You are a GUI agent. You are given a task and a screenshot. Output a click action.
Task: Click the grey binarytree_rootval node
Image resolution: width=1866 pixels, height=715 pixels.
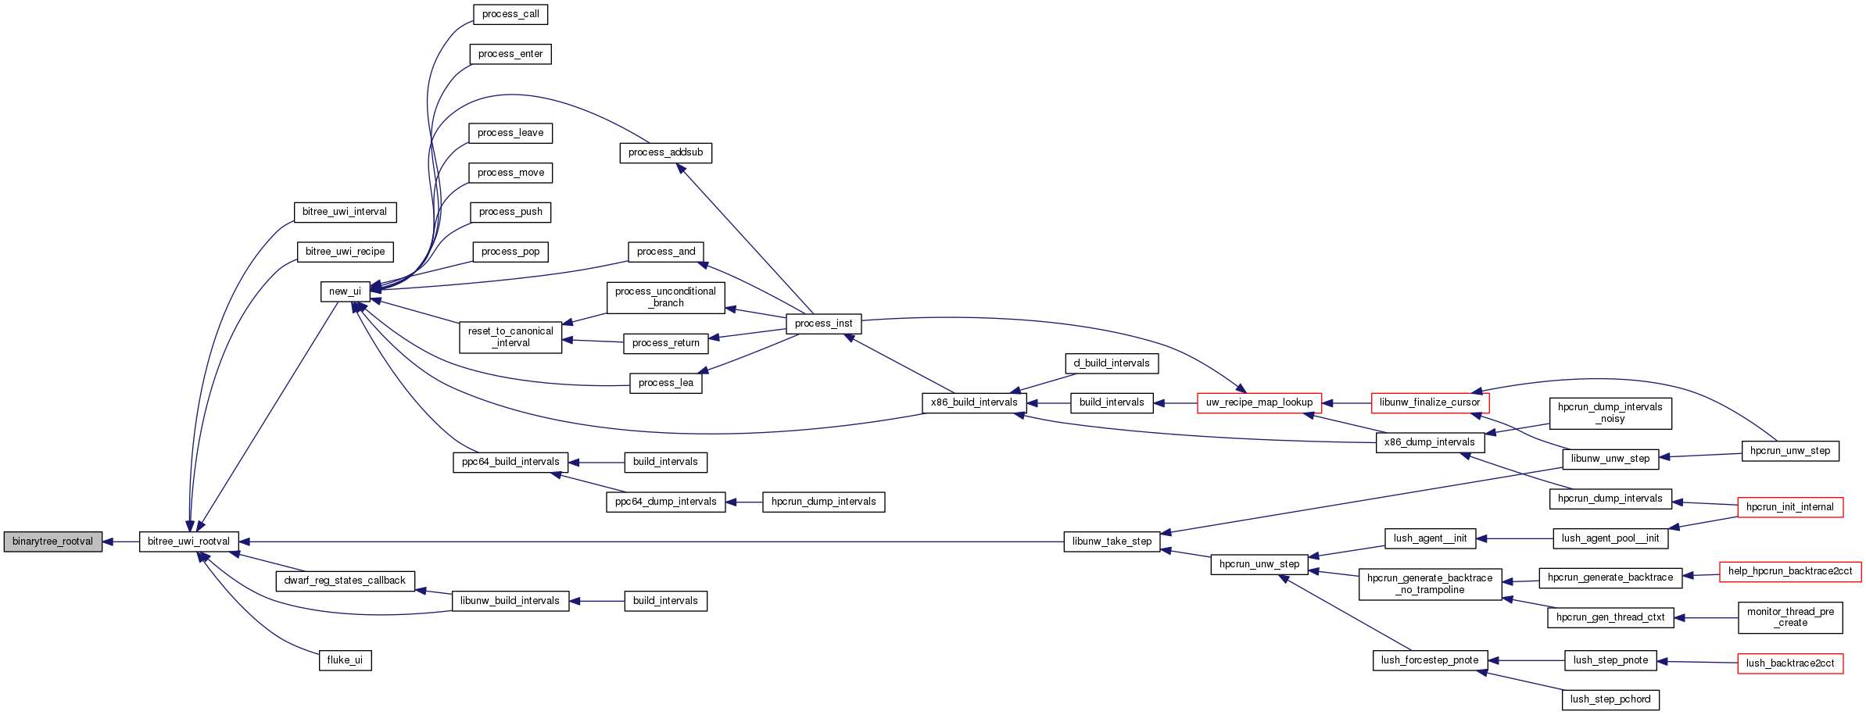53,542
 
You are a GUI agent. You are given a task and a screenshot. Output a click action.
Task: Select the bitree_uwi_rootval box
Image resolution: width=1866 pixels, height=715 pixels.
188,542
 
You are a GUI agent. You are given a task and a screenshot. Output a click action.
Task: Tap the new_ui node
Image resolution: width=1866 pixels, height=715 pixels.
345,291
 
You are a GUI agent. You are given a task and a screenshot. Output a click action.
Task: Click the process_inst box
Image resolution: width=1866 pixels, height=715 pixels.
823,324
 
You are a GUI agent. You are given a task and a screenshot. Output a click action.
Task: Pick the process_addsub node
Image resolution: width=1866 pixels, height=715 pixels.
665,152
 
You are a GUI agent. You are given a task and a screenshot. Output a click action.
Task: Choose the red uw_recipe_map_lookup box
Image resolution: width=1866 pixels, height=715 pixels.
1259,402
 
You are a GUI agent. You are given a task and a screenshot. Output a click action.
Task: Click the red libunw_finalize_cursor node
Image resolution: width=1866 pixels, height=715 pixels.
1430,402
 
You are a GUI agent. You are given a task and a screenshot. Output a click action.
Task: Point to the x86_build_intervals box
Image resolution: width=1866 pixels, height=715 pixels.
973,402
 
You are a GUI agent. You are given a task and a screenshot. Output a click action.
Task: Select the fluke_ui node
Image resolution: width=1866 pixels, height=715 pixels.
345,660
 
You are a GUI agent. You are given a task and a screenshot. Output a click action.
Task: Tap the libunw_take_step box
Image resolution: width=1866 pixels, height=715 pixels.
1112,542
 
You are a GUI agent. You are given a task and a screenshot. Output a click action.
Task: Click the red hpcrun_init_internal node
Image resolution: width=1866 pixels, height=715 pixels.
1789,507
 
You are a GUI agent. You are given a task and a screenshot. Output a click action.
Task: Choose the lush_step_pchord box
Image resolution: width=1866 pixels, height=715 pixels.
1610,699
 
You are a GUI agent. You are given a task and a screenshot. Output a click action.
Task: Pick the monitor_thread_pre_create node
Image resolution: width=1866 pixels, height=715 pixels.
1790,617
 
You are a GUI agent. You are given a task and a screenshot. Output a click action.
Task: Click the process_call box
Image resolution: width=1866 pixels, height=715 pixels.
510,14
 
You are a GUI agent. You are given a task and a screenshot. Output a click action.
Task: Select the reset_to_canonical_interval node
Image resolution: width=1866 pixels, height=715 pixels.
510,337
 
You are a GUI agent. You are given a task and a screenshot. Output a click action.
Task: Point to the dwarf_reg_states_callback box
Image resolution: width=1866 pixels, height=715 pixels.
345,581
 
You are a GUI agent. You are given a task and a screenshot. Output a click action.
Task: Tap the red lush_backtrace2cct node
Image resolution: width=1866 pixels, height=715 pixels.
1789,663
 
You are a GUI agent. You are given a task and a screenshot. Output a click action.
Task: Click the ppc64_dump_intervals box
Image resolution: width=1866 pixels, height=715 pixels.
665,502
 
